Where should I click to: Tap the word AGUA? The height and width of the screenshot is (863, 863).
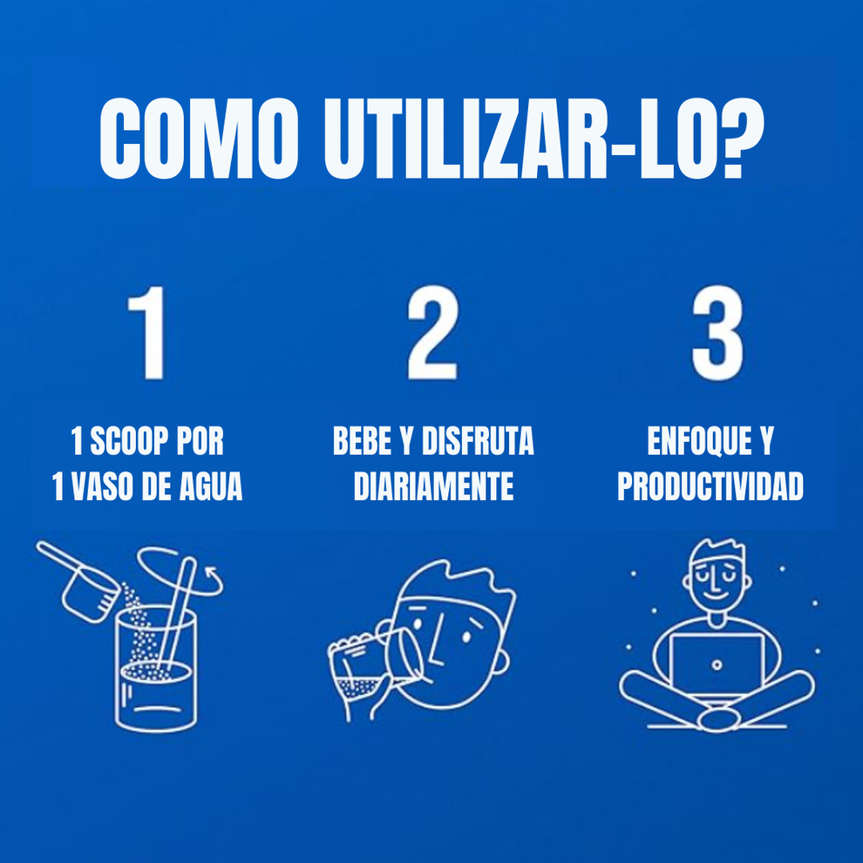pos(210,487)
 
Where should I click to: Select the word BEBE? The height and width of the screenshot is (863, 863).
pos(362,443)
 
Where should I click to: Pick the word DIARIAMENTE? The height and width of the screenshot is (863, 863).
pos(433,487)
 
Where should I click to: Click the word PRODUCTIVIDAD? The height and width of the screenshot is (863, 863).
pos(710,487)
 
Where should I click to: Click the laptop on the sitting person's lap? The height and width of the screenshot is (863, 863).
pos(716,666)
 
